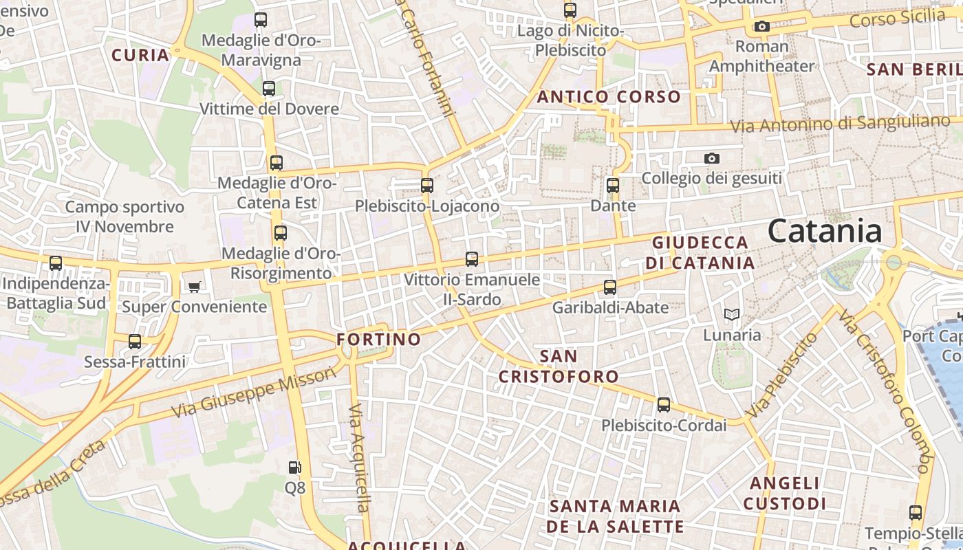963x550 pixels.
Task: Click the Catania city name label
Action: [825, 231]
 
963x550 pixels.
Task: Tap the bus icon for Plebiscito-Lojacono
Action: [427, 186]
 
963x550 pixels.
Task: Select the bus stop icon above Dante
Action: [613, 186]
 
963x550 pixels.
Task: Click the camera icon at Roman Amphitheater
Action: [761, 27]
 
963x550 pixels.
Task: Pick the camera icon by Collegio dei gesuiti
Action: [712, 159]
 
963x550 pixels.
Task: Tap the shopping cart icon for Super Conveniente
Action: [195, 287]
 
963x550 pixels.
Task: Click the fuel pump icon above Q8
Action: [294, 467]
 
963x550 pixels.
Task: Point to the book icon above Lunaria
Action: [732, 315]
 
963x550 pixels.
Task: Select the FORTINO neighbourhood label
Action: [378, 339]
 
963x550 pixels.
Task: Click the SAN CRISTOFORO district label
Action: [559, 366]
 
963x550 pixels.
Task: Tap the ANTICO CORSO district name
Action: [609, 97]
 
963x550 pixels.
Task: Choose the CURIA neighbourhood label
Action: [140, 55]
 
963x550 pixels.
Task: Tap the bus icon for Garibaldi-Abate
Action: [610, 287]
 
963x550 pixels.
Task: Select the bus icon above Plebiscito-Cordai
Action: [664, 406]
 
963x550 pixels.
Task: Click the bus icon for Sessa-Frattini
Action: [135, 342]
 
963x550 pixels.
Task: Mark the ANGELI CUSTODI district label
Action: [785, 494]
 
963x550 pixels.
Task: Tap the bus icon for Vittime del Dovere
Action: [269, 89]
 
